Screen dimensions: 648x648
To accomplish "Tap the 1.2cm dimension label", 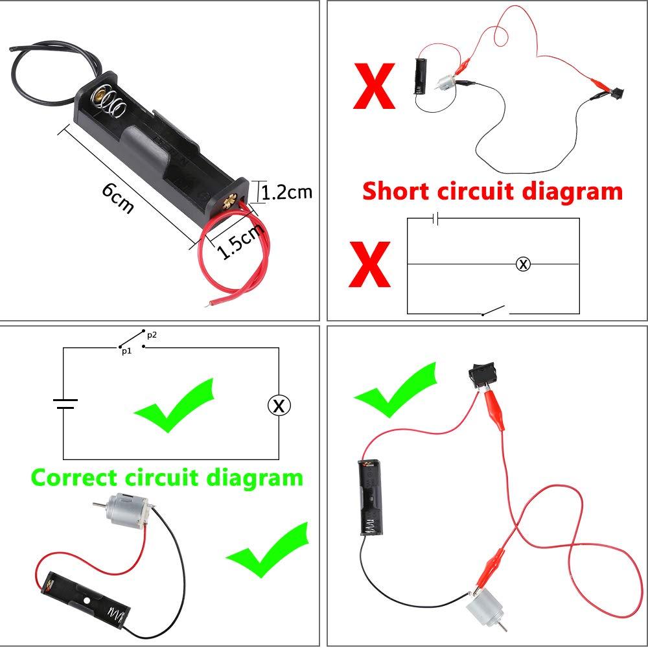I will click(287, 192).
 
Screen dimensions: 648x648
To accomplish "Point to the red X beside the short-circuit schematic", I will click(369, 264).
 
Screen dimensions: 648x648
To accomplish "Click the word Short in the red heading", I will click(396, 191).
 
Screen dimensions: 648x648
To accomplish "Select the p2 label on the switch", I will click(152, 335).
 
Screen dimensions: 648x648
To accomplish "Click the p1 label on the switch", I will click(126, 351).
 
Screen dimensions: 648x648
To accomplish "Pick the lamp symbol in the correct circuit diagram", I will click(279, 406).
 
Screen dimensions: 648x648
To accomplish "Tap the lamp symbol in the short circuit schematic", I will click(523, 264).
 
